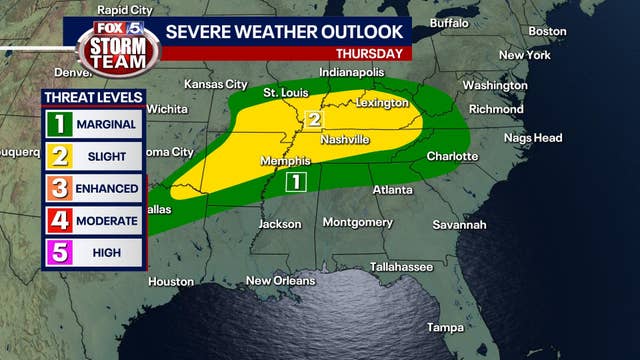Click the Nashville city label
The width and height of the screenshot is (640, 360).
click(x=345, y=139)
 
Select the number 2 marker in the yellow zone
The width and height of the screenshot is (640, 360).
click(x=313, y=120)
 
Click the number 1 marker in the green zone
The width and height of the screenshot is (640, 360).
click(x=295, y=181)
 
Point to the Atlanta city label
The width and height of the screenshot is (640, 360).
click(x=393, y=189)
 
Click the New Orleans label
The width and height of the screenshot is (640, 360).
click(x=280, y=280)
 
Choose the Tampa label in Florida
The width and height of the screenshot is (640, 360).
click(x=445, y=327)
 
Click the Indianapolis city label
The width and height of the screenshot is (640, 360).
click(x=352, y=73)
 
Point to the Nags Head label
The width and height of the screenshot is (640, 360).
click(x=533, y=137)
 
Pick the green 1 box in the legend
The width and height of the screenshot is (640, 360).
click(x=59, y=126)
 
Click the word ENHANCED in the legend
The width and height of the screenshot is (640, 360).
click(x=109, y=188)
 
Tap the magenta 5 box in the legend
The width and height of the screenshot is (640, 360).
click(x=59, y=252)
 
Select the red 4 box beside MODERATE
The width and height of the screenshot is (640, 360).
click(x=59, y=220)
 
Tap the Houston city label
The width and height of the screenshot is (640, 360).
click(x=171, y=282)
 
